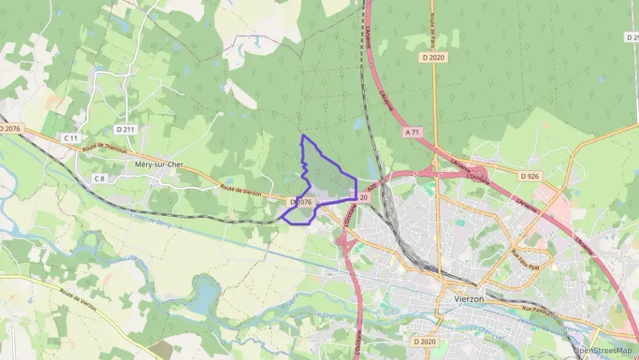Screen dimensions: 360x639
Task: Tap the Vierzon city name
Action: (469, 299)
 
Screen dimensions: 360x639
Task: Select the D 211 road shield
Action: (125, 129)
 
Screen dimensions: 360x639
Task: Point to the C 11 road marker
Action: (71, 138)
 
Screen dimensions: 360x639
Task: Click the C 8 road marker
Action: (100, 178)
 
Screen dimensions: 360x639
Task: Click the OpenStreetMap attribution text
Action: (602, 350)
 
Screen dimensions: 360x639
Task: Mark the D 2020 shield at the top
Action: (434, 57)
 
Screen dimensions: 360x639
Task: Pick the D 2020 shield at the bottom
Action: (424, 340)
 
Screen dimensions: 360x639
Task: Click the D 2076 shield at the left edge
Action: (11, 128)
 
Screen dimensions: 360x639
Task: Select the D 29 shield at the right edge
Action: (631, 37)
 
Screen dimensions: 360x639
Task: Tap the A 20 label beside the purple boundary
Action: (364, 197)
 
